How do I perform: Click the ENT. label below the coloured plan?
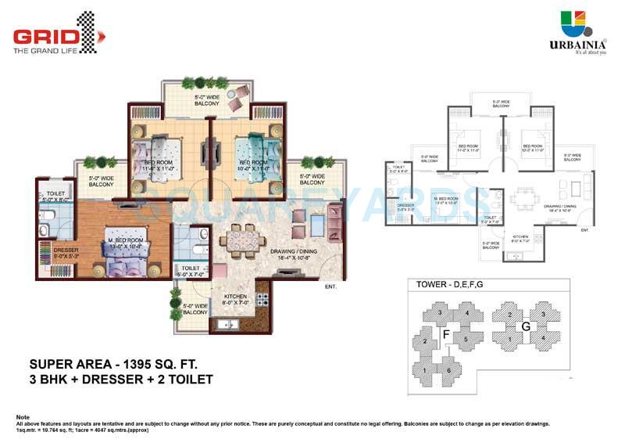tap(330, 287)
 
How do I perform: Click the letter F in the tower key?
tap(445, 335)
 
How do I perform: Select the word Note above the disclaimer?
tap(23, 416)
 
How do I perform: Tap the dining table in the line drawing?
tap(521, 198)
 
